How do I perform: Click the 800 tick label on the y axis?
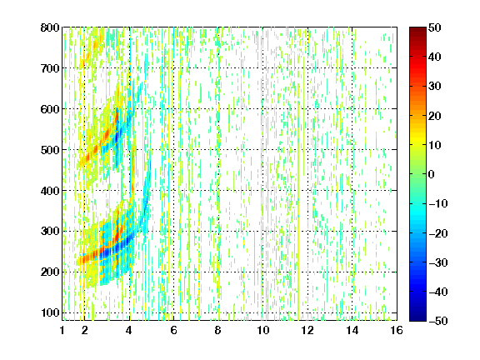[50, 27]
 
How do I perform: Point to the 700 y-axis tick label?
[50, 68]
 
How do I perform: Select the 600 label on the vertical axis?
[50, 109]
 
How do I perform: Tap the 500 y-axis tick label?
[50, 150]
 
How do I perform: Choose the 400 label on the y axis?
[50, 191]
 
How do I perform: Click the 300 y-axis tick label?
[50, 232]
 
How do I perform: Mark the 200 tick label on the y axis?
[50, 272]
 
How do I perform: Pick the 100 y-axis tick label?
[50, 312]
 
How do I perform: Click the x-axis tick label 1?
[62, 330]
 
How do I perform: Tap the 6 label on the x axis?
[173, 330]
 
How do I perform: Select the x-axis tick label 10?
[262, 330]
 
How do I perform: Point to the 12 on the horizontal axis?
[307, 330]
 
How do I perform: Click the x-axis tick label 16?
[397, 330]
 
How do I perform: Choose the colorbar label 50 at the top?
[434, 27]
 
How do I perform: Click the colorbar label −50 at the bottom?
[438, 321]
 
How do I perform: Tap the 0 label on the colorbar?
[432, 174]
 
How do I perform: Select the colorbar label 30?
[434, 87]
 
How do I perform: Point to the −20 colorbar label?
[438, 233]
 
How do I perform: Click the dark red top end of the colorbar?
[417, 29]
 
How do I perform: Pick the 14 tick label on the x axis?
[352, 330]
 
